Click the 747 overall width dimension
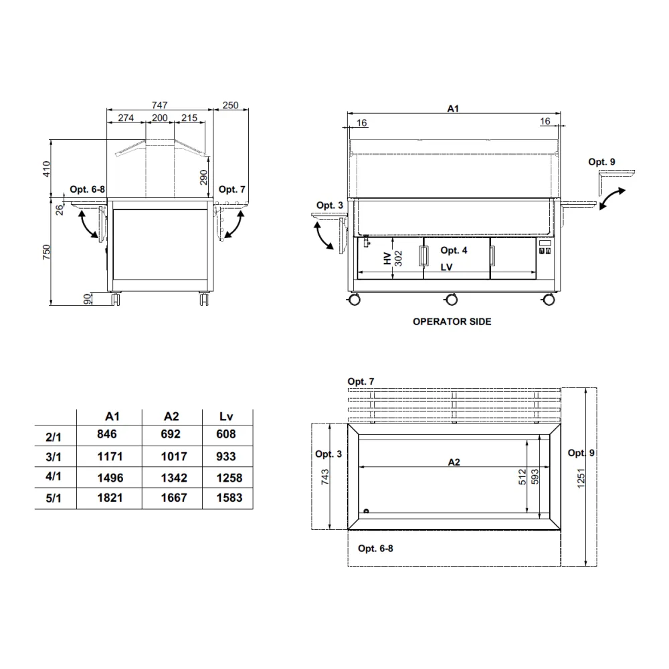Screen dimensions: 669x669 (x=159, y=105)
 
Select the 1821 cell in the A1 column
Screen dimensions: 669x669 (x=106, y=498)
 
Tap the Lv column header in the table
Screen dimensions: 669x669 (x=226, y=416)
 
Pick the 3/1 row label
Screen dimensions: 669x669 (x=54, y=457)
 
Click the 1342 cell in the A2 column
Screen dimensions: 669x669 (x=171, y=478)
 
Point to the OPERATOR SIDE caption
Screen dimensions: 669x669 (x=452, y=322)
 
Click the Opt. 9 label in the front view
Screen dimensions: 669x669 (x=601, y=162)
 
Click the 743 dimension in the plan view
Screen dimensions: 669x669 (x=324, y=476)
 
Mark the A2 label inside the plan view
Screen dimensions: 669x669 (x=454, y=462)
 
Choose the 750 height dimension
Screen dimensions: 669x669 (x=47, y=252)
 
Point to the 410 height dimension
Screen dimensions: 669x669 (x=47, y=169)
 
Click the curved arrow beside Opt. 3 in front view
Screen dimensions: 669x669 (x=324, y=235)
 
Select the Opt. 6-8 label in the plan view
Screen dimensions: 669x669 (x=375, y=549)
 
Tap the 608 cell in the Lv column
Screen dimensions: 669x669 (x=226, y=434)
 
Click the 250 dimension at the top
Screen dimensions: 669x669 (x=231, y=105)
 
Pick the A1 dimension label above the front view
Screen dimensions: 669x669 (x=453, y=108)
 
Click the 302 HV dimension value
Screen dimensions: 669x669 (x=399, y=259)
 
